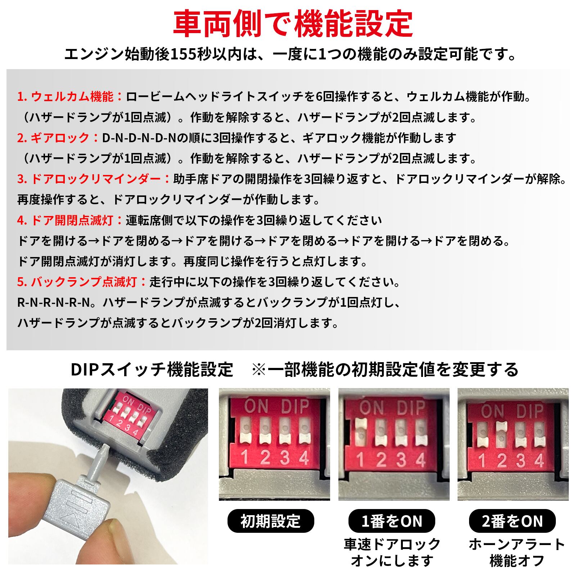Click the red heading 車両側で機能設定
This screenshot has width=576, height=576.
pos(293,24)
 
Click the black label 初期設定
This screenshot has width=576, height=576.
pos(270,521)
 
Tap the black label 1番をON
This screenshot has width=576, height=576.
pos(392,521)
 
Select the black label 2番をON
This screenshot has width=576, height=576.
pos(512,521)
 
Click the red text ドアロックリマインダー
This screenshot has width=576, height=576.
pos(96,179)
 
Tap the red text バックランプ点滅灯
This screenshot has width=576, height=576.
pos(84,282)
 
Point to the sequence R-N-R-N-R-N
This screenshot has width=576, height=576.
pos(53,303)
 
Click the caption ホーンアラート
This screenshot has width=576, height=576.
pos(517,545)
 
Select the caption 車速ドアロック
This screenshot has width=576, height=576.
pos(392,545)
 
